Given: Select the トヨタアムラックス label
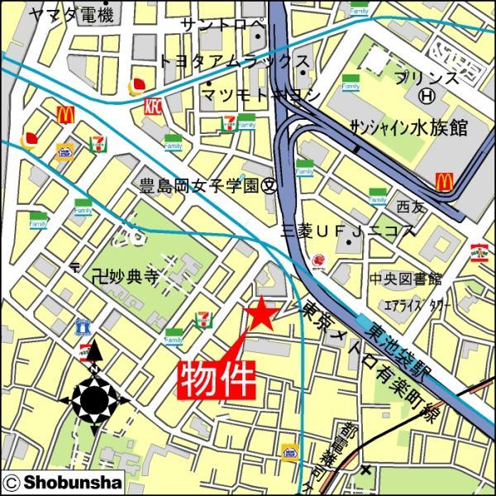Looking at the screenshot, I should (235, 62).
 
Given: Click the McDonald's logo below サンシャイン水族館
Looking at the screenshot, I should (444, 180).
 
